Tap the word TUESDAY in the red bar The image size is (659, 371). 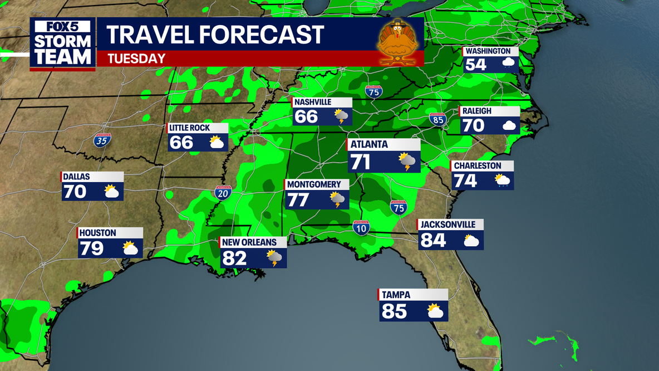[136, 58]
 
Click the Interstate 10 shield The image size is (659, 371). [361, 227]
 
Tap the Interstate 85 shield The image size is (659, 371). [437, 119]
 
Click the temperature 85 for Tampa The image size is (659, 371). [395, 311]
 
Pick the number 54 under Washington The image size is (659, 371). [476, 65]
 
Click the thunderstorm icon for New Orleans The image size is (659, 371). [274, 258]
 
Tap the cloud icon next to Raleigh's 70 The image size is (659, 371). [508, 125]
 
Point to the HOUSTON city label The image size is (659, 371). [97, 233]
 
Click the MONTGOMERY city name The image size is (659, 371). [313, 184]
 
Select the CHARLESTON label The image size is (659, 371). [478, 165]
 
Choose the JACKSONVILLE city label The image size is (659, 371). [448, 224]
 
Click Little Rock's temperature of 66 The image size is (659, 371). [182, 143]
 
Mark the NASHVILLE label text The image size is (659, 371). [313, 102]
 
